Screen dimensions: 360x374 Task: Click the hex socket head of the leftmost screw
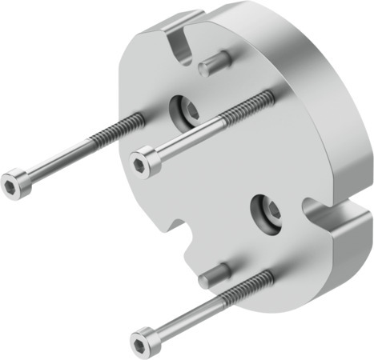click(14, 183)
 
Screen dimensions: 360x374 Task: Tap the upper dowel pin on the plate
click(214, 63)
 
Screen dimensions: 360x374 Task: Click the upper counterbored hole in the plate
click(184, 111)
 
